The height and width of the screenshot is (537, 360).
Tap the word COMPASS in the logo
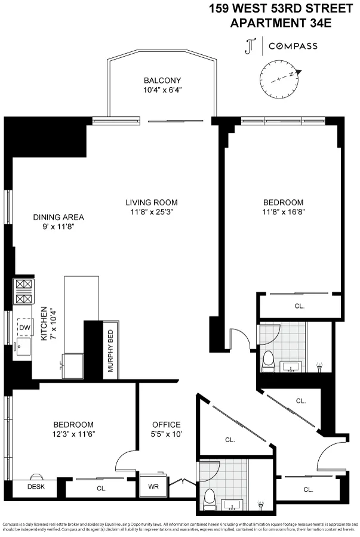293,46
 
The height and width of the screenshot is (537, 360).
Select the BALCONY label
162,81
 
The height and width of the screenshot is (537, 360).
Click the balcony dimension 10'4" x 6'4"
162,91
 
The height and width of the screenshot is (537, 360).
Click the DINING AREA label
59,217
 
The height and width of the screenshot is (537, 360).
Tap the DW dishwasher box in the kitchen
24,328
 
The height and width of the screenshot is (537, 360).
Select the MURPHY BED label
110,351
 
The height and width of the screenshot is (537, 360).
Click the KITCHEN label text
44,325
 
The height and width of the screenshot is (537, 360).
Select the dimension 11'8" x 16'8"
282,212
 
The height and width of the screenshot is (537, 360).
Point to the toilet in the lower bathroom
208,496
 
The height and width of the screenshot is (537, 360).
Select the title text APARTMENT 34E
281,23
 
